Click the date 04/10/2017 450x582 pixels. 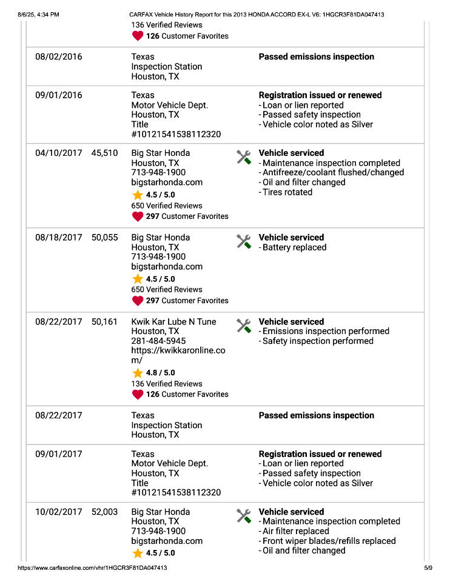(x=58, y=153)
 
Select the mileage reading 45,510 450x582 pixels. (x=104, y=153)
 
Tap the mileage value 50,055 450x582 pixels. (x=104, y=238)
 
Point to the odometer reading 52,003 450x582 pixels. (x=104, y=512)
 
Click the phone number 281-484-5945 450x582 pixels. (x=159, y=341)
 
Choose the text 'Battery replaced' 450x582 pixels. (x=294, y=247)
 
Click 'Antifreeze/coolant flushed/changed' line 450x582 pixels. (x=332, y=173)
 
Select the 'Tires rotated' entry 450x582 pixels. (x=287, y=192)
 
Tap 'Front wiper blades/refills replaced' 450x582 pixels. (x=329, y=541)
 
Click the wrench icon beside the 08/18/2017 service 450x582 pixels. (x=244, y=242)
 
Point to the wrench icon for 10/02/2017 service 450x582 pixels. (x=244, y=516)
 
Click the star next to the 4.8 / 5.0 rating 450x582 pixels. (x=138, y=373)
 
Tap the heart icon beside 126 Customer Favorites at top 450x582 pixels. (x=138, y=36)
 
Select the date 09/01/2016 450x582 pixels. (x=58, y=95)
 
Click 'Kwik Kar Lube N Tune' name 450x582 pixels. (x=173, y=322)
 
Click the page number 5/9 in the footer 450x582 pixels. (x=428, y=568)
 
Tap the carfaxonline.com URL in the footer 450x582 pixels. (x=92, y=568)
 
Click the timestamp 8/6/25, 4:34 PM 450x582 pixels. (x=39, y=15)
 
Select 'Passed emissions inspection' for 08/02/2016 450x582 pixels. (x=317, y=57)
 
